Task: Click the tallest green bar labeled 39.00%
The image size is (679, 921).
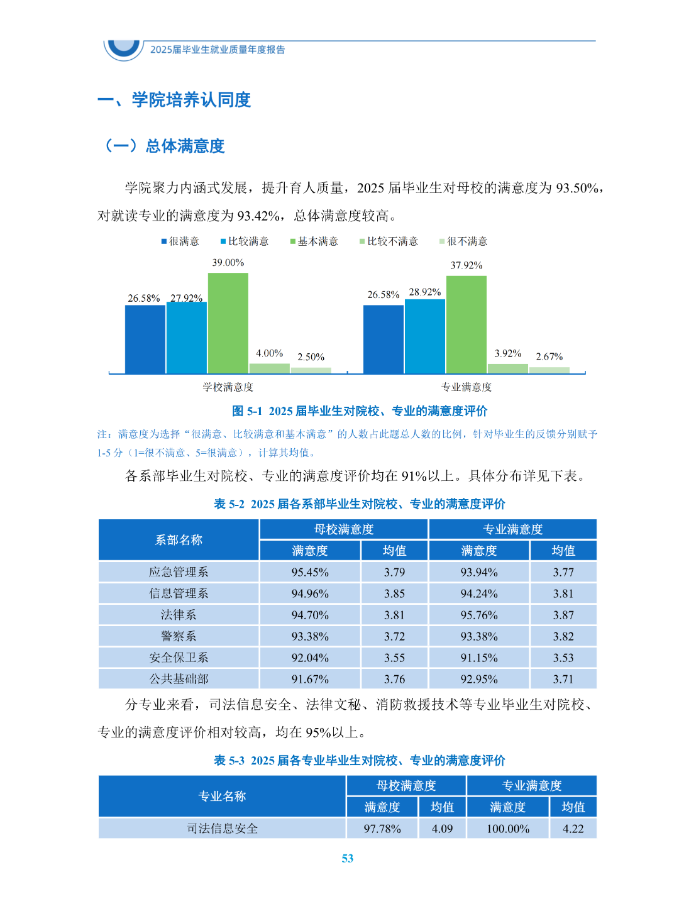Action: click(x=228, y=323)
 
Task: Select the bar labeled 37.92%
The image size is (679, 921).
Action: click(x=466, y=324)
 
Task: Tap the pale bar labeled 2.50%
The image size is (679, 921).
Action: click(x=311, y=370)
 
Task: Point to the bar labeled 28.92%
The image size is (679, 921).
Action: click(x=424, y=336)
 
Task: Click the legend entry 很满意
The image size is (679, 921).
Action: click(x=180, y=241)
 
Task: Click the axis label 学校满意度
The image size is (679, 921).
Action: click(x=228, y=387)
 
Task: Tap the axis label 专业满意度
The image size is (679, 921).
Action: click(x=466, y=387)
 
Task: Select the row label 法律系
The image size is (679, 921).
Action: click(x=179, y=615)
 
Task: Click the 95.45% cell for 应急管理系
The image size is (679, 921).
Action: click(x=310, y=572)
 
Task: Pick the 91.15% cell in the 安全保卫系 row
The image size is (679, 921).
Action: click(x=479, y=658)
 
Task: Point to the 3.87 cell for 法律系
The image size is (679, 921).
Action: click(x=563, y=615)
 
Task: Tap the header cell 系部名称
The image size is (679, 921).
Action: click(x=179, y=540)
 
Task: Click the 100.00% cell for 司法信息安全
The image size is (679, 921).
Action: click(x=508, y=829)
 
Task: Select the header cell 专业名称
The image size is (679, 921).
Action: click(x=222, y=797)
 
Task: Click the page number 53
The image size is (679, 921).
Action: click(x=348, y=859)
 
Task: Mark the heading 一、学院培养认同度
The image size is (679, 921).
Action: click(x=174, y=100)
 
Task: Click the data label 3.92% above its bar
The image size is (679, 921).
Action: click(x=508, y=354)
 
